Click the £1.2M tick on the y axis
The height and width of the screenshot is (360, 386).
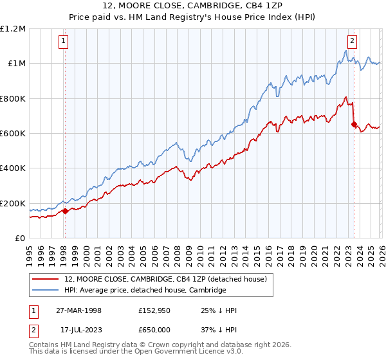[13, 28]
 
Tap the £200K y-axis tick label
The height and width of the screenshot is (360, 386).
[13, 203]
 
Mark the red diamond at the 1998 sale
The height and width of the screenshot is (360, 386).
[65, 211]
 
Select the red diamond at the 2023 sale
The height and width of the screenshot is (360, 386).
[354, 125]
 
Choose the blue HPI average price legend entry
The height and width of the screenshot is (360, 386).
[145, 291]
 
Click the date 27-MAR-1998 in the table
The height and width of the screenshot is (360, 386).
[79, 310]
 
